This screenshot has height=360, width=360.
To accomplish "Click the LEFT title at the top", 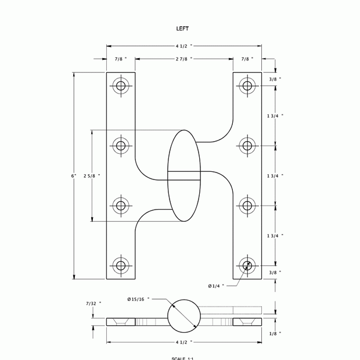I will click(x=182, y=28).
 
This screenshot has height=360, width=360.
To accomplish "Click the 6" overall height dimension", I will click(x=74, y=176).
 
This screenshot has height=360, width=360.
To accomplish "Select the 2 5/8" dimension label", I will click(x=91, y=175).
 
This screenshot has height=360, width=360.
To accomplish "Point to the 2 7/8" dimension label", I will click(x=184, y=59).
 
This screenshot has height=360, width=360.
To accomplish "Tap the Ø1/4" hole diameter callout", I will click(x=217, y=286).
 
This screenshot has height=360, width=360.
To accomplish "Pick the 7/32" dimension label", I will click(x=93, y=303).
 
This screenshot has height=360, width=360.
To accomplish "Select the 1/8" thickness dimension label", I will click(x=275, y=333).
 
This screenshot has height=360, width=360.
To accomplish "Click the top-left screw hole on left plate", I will click(x=121, y=86).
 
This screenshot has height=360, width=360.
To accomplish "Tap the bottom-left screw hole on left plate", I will click(x=121, y=266).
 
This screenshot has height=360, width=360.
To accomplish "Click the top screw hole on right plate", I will click(x=248, y=86).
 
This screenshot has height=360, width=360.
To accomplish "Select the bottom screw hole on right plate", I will click(x=248, y=266).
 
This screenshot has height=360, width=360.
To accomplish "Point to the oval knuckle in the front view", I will click(x=185, y=175).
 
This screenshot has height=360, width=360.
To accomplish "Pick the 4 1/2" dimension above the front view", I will click(x=183, y=45).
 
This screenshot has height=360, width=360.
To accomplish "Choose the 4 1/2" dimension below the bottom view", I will click(x=183, y=343).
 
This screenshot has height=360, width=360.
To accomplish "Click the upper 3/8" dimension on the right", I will click(x=275, y=79).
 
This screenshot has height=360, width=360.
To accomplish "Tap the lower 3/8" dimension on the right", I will click(x=275, y=272).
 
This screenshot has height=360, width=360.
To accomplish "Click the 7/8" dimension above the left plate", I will click(x=120, y=59).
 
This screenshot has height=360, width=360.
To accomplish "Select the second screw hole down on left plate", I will click(x=121, y=145).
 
